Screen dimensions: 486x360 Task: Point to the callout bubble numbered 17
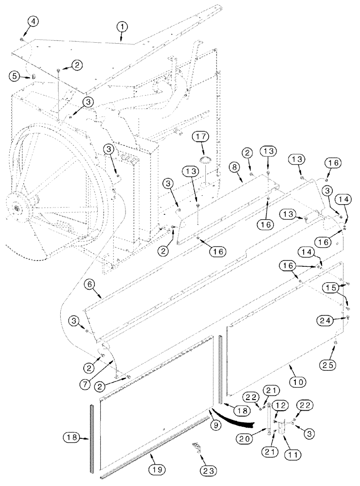(200, 138)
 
